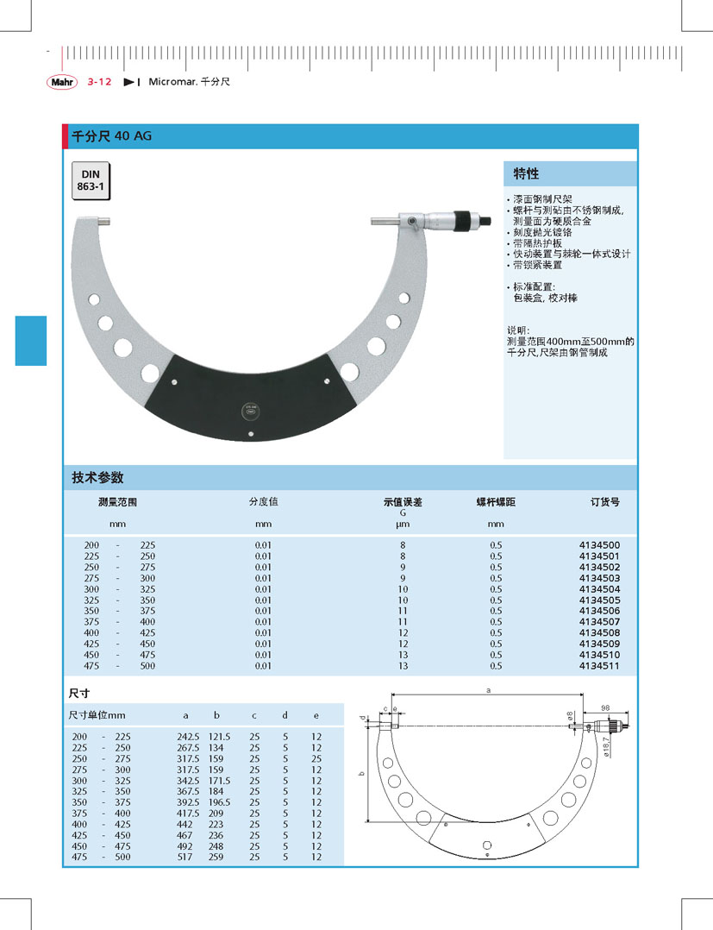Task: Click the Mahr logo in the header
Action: pos(62,82)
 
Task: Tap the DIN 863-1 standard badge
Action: pos(91,180)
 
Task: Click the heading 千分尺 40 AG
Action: pos(111,135)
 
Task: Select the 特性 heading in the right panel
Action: pos(526,173)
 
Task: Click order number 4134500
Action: pos(599,545)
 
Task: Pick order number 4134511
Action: pos(599,666)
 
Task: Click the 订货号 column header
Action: pos(604,502)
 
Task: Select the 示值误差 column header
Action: pos(403,502)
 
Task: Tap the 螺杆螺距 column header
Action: pos(496,502)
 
